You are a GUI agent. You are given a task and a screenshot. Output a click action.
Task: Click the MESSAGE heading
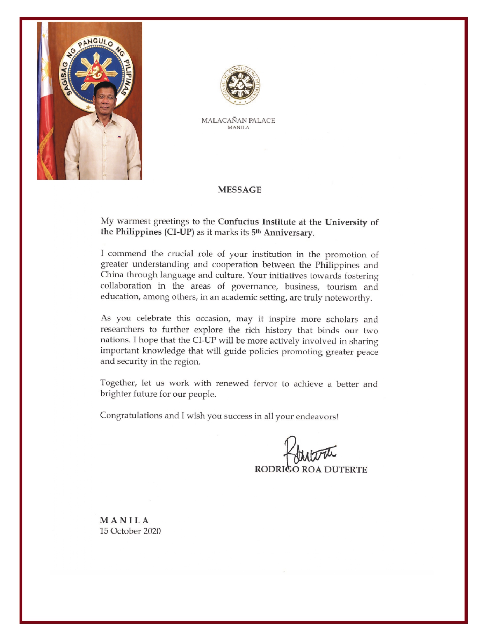click(239, 190)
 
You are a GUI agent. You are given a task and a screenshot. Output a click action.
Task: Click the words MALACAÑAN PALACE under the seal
click(238, 121)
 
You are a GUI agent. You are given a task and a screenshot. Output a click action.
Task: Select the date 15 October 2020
click(130, 531)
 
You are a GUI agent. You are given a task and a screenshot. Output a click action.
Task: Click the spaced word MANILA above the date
click(124, 520)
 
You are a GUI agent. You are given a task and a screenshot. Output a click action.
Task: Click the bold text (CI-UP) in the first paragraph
click(179, 232)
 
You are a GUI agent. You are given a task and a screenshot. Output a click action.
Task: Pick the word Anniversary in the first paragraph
click(288, 233)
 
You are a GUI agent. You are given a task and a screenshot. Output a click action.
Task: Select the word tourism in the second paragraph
click(342, 287)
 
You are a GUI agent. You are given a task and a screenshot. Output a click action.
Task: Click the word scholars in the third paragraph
click(342, 319)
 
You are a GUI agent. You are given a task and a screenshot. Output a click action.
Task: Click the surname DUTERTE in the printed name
click(346, 469)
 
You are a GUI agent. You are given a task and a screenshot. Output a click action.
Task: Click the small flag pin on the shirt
click(119, 137)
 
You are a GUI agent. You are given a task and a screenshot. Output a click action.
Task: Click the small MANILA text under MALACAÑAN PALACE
click(238, 128)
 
